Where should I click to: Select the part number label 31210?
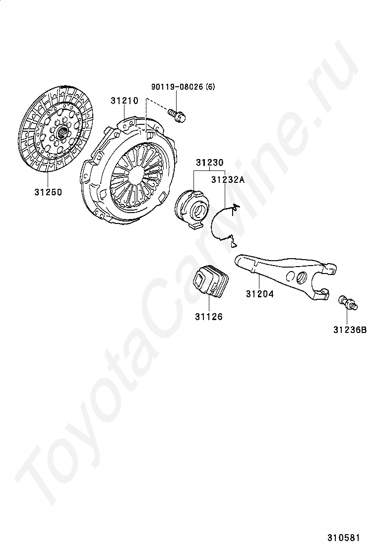point(124,101)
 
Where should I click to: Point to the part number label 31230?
point(209,162)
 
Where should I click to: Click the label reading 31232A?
point(228,180)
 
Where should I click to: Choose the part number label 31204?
point(259,294)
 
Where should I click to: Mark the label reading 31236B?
point(350,328)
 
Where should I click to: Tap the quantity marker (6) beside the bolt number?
point(211,87)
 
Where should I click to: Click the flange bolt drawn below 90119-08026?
point(178,115)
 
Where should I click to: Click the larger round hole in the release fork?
point(301,278)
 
